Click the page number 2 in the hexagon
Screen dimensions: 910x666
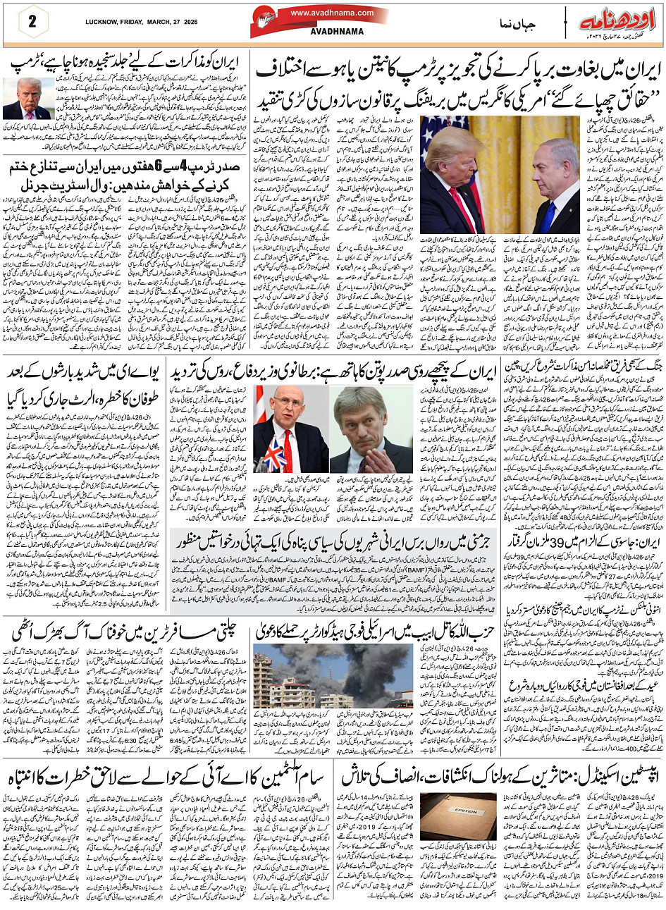(x=32, y=21)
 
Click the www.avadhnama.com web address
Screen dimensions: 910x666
(x=332, y=13)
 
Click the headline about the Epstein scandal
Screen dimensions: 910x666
(x=502, y=777)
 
